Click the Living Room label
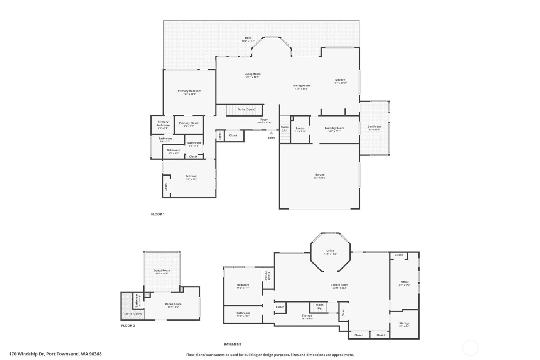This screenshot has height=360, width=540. [252, 74]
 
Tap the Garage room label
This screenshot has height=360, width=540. [319, 175]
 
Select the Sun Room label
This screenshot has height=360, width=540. [374, 127]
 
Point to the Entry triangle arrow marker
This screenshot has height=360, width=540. [271, 133]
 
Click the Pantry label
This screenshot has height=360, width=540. [300, 128]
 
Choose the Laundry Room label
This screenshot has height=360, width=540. [334, 128]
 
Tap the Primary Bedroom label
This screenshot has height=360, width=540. [189, 91]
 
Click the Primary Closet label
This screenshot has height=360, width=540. [189, 123]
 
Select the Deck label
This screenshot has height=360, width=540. [248, 38]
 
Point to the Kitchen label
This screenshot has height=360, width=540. [340, 80]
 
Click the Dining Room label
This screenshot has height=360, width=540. [301, 86]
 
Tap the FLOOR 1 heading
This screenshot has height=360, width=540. [158, 214]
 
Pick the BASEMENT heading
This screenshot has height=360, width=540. [233, 344]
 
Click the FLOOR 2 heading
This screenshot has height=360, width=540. [128, 326]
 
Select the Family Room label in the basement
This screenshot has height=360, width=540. [339, 285]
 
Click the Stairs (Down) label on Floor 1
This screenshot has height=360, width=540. [246, 110]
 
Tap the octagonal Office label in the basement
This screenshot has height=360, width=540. [330, 251]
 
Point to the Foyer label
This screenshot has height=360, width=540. [264, 120]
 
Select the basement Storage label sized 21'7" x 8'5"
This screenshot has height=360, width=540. [307, 316]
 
